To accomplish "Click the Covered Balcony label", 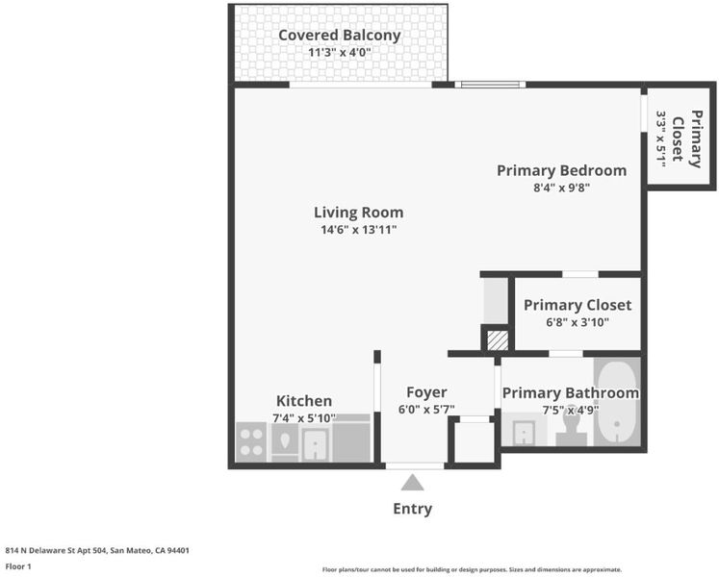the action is (x=340, y=36).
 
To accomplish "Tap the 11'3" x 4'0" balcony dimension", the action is (x=340, y=52).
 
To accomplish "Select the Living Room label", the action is (x=359, y=213).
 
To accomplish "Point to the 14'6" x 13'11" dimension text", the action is (x=359, y=230).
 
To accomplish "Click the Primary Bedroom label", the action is (x=562, y=170).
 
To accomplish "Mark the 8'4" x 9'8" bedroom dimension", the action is (x=562, y=188).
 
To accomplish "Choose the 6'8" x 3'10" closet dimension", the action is (x=578, y=322).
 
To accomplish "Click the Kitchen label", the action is (x=304, y=401).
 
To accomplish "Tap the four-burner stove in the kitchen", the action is (x=251, y=441).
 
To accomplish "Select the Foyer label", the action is (x=426, y=392).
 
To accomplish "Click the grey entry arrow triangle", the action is (x=412, y=483).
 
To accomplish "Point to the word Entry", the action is (x=412, y=509).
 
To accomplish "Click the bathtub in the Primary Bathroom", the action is (x=617, y=402).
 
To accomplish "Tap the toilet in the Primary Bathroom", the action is (x=572, y=426).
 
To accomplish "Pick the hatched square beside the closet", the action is (x=498, y=341).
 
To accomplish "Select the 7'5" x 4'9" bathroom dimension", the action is (x=571, y=410).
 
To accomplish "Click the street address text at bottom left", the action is (x=97, y=550).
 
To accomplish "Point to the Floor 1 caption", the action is (x=18, y=566).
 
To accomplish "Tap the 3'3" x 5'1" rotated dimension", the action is (x=660, y=138).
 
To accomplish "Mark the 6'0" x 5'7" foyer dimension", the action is (x=426, y=410).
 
